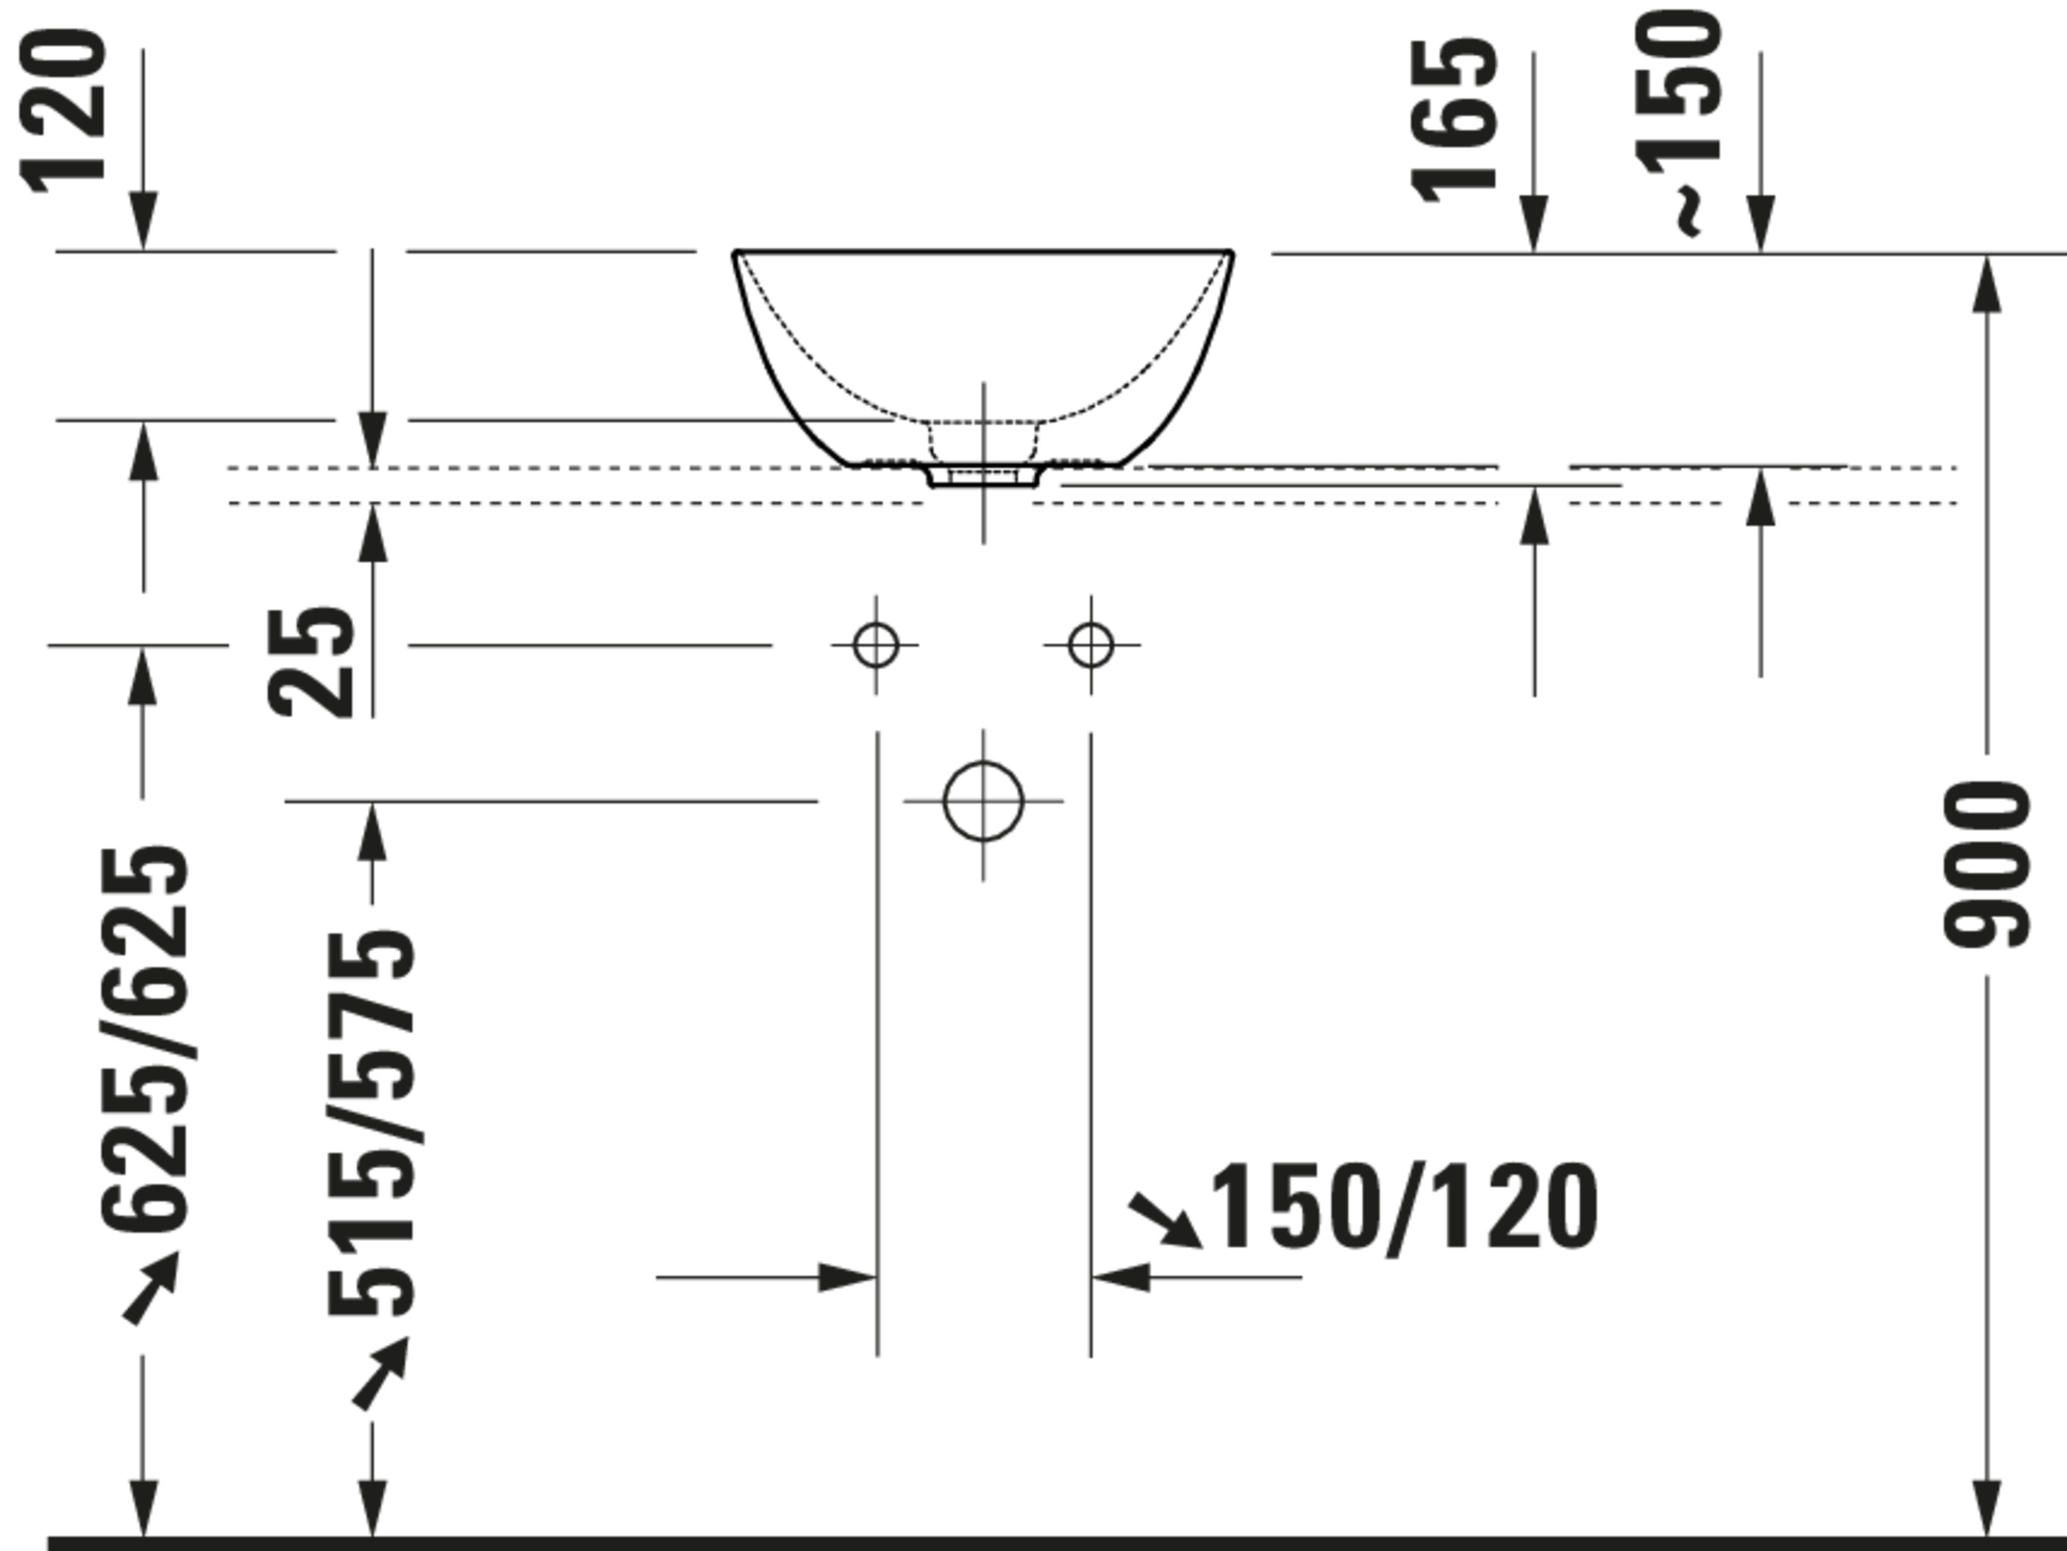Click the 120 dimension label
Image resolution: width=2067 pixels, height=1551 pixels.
(x=63, y=111)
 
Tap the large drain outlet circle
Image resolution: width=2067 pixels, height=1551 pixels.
(x=983, y=801)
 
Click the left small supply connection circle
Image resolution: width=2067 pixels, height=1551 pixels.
(x=876, y=645)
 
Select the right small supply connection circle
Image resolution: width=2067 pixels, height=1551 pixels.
(x=1091, y=645)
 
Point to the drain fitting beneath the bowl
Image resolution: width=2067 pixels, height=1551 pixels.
(x=983, y=475)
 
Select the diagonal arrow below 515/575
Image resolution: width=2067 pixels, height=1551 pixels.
(x=380, y=1373)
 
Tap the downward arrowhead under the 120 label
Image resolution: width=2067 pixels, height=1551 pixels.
(x=143, y=220)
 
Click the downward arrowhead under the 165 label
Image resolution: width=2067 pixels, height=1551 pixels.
(x=1534, y=223)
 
